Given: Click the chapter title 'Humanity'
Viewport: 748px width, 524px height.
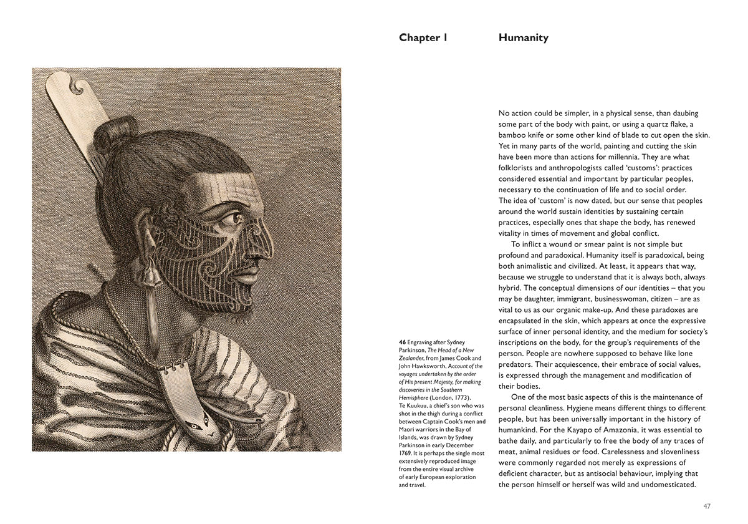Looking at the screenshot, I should pyautogui.click(x=523, y=37).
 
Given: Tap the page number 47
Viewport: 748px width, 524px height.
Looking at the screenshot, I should pyautogui.click(x=706, y=506).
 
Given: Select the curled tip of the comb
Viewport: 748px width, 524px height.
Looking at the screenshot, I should pyautogui.click(x=74, y=82).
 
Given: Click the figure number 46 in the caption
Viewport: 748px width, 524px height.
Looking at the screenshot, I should pyautogui.click(x=402, y=342).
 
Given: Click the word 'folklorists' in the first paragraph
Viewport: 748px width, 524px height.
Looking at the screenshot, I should pyautogui.click(x=518, y=168).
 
